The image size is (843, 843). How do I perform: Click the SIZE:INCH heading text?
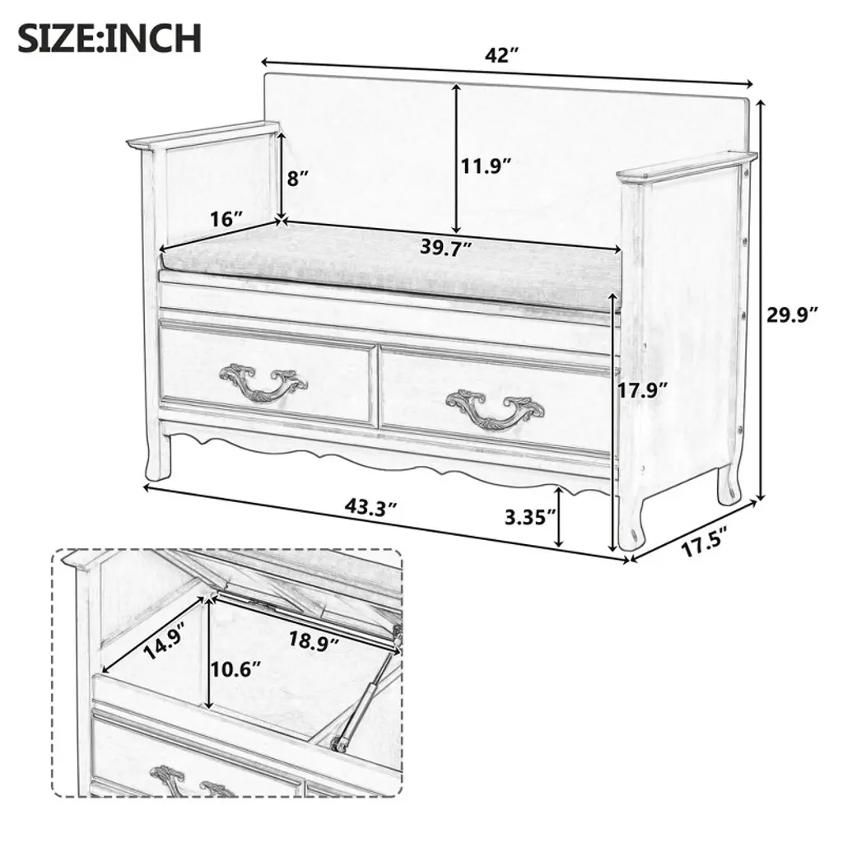pyautogui.click(x=109, y=38)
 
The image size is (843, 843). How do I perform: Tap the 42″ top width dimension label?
pyautogui.click(x=501, y=55)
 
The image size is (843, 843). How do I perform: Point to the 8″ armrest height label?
pyautogui.click(x=298, y=177)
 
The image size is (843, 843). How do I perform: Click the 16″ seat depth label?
pyautogui.click(x=227, y=219)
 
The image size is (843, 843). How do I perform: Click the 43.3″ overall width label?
pyautogui.click(x=371, y=507)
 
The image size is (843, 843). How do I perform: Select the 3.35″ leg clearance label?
pyautogui.click(x=530, y=517)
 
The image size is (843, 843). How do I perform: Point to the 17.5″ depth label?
pyautogui.click(x=705, y=541)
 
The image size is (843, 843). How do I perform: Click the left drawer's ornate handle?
pyautogui.click(x=263, y=381)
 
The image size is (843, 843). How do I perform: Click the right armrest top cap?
pyautogui.click(x=687, y=165)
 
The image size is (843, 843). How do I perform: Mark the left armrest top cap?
pyautogui.click(x=204, y=134)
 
